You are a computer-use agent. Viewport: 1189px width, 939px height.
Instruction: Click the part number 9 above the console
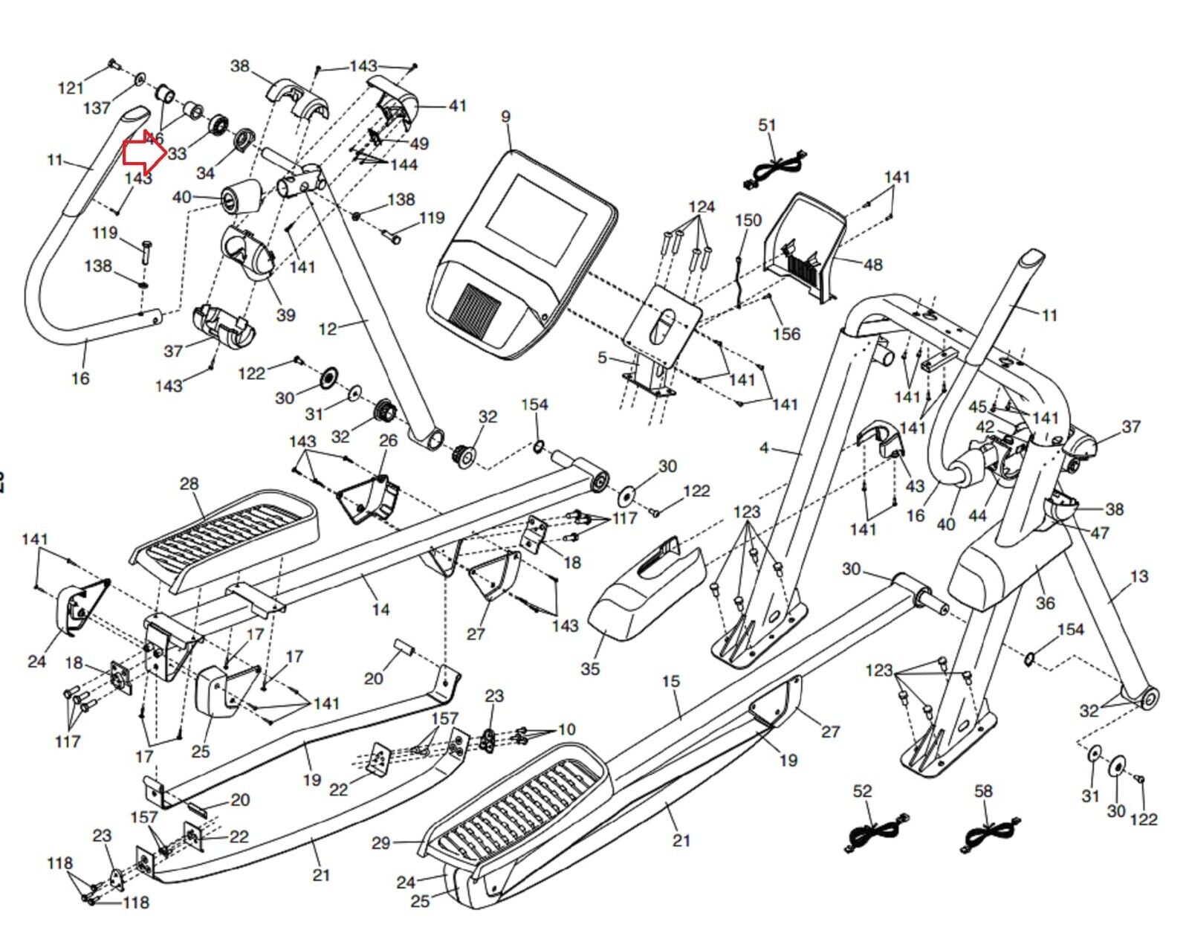pos(506,117)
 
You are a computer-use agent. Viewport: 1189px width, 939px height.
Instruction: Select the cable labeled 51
pos(773,173)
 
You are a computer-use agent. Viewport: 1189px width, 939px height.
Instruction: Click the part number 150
pos(748,220)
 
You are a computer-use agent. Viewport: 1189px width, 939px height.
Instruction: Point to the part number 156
pos(786,334)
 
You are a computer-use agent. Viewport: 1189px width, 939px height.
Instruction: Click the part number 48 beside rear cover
pos(873,265)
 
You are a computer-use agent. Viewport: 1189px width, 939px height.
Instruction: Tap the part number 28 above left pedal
pos(189,484)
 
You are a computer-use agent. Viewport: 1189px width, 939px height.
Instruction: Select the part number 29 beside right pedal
pos(381,842)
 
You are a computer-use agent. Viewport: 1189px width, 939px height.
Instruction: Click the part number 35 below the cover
pos(590,668)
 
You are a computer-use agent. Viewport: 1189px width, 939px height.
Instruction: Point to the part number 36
pos(1045,602)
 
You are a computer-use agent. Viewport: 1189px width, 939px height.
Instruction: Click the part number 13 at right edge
pos(1138,576)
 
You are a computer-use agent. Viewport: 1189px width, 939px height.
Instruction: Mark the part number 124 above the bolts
pos(702,206)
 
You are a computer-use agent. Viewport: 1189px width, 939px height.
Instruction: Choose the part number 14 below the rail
pos(380,610)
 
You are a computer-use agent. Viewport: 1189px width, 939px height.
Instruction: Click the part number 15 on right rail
pos(671,682)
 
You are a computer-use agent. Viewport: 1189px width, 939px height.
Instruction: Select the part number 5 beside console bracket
pos(602,358)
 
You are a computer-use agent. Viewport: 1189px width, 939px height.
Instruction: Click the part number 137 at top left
pos(97,109)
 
